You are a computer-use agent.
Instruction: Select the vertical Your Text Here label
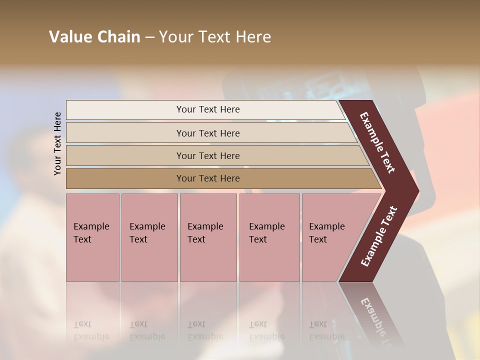point(57,143)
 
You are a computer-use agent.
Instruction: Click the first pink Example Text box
point(92,237)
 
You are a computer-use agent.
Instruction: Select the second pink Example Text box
point(149,237)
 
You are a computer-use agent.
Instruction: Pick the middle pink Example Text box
point(208,237)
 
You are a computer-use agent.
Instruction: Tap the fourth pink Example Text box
point(269,237)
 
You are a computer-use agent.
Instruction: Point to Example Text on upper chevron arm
point(377,142)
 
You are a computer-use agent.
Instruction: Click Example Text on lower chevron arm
point(379,236)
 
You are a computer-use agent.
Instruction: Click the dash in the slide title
point(149,37)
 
